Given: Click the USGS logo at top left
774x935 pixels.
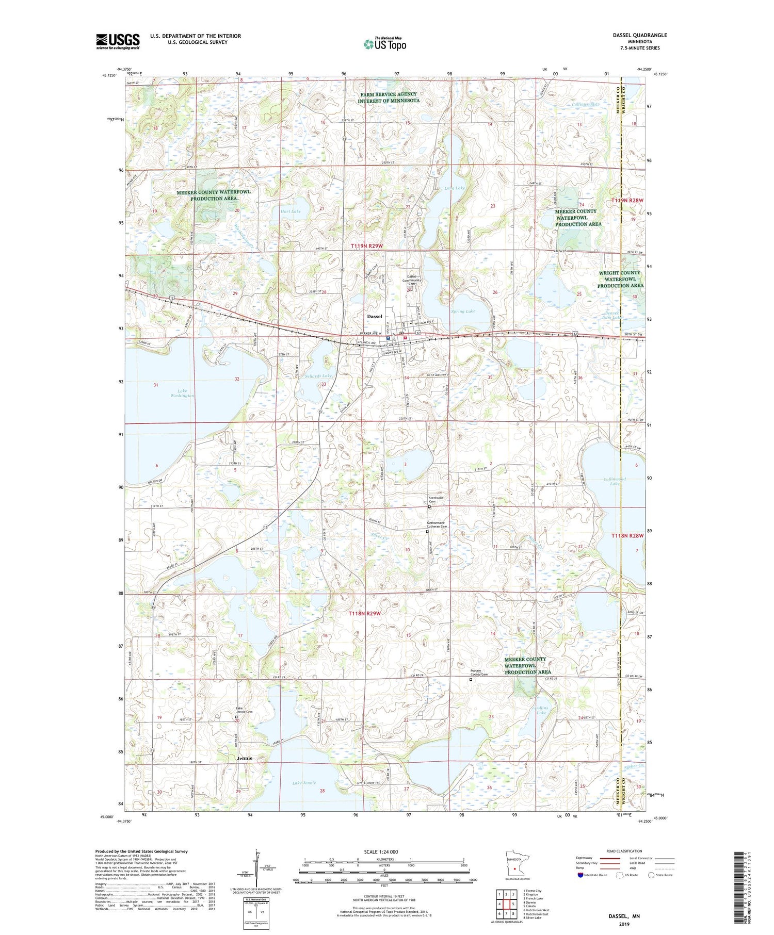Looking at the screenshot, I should click(x=118, y=41).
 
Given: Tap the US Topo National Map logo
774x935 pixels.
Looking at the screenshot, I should click(x=385, y=44).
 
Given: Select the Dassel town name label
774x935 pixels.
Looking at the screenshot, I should click(x=374, y=316).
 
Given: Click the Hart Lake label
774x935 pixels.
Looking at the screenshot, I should click(x=290, y=211).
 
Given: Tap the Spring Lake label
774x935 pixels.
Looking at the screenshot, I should click(x=463, y=311).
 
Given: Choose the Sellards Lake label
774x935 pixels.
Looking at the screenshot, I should click(x=318, y=376).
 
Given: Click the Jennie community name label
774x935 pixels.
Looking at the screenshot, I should click(x=245, y=758).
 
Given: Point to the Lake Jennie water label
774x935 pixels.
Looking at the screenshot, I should click(x=304, y=783).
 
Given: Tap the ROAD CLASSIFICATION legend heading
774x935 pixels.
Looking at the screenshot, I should click(x=624, y=851).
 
